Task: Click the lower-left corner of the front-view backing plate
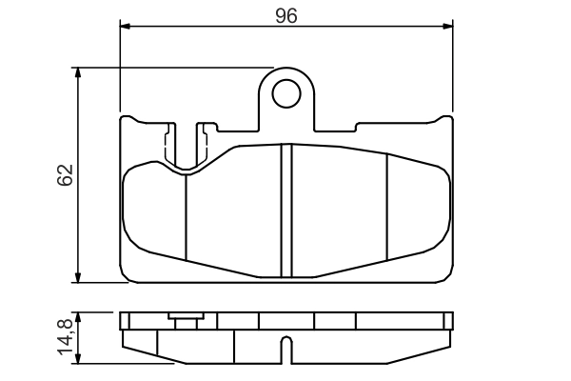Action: click(125, 278)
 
